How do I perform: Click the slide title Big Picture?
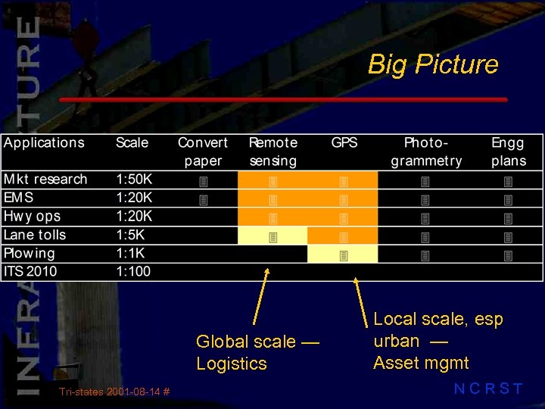pos(433,64)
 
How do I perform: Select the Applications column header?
pos(44,142)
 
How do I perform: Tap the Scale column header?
pos(132,142)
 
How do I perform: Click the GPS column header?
pos(344,142)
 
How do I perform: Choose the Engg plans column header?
pos(508,151)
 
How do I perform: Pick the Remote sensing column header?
pos(272,151)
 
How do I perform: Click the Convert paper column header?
pos(202,151)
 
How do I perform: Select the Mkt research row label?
pos(45,180)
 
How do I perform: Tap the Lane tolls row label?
pos(35,235)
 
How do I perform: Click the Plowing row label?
pos(30,253)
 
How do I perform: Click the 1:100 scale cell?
pos(133,271)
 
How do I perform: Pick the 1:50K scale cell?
pos(134,180)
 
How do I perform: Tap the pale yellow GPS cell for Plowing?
pos(343,254)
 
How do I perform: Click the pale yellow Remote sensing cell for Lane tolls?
pos(272,236)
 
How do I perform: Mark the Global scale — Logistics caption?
pos(258,353)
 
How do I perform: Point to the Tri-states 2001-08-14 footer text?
pos(114,392)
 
